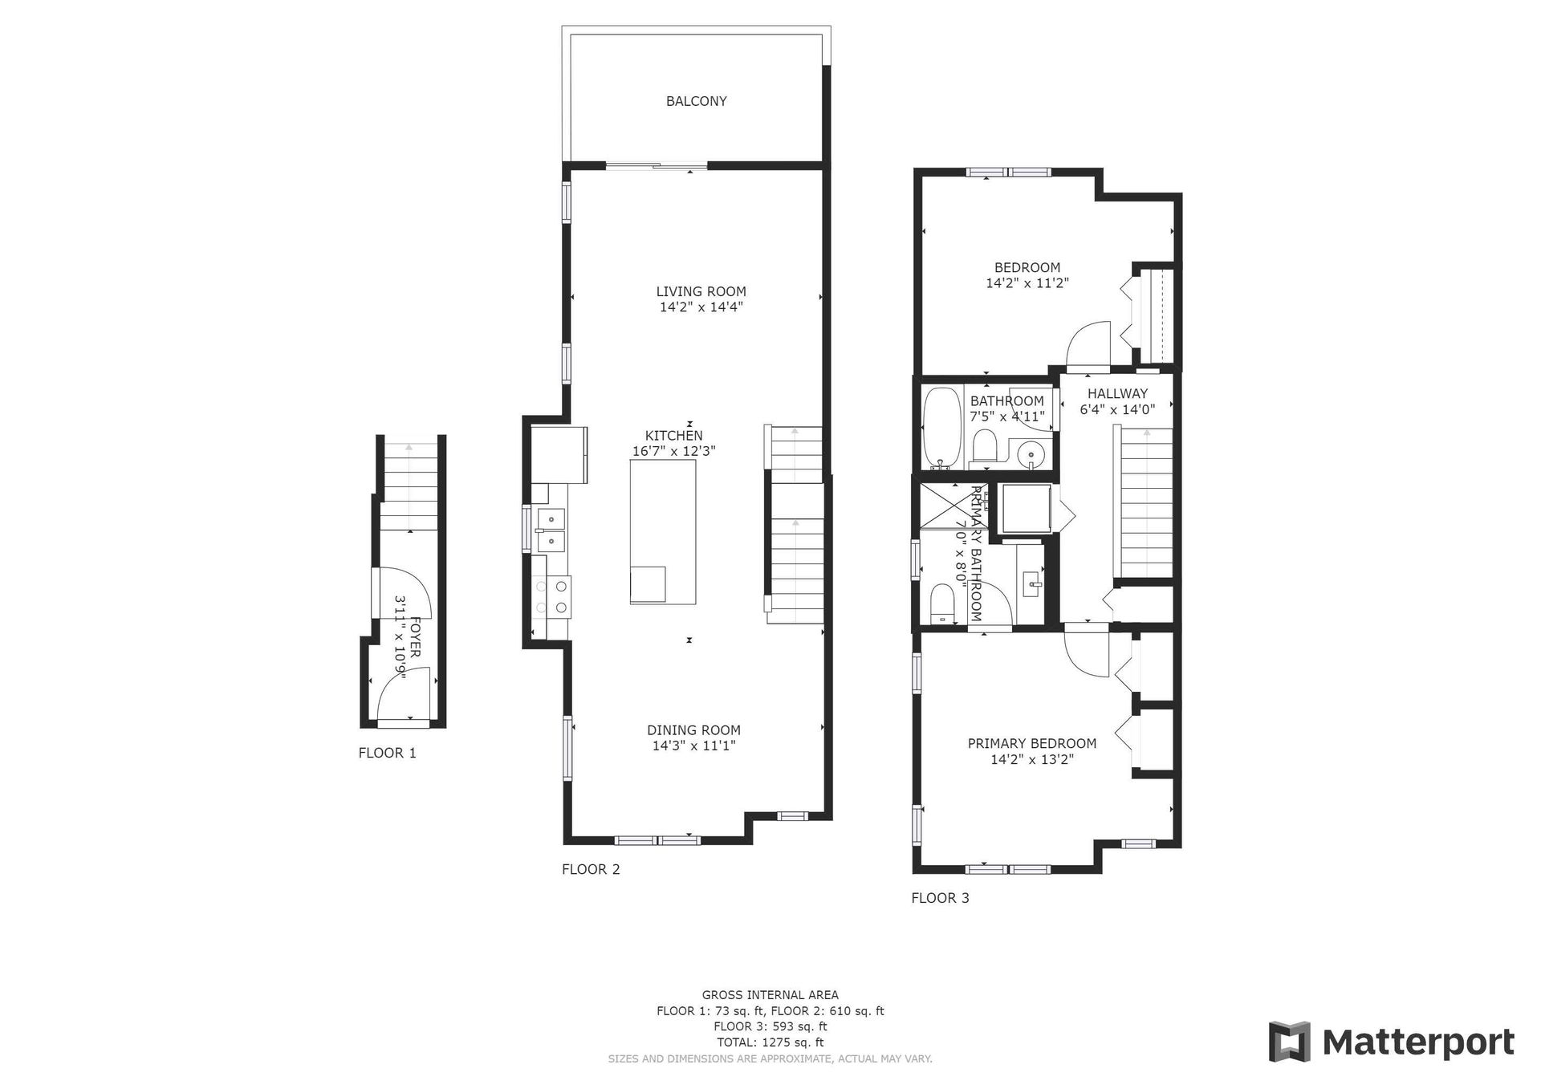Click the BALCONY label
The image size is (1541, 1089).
(696, 101)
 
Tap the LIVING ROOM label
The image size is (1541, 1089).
(701, 291)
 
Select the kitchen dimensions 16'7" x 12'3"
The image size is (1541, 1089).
(673, 451)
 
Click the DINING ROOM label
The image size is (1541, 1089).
(693, 730)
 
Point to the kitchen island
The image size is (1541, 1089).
(662, 532)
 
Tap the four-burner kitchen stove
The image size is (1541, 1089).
(551, 596)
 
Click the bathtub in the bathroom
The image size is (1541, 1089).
(941, 429)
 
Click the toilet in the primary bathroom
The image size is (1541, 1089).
(941, 603)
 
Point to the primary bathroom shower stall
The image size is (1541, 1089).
(955, 505)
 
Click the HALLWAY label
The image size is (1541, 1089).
(1117, 393)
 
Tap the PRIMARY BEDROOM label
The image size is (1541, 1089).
(1031, 743)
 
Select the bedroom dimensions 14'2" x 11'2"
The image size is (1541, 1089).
(1027, 282)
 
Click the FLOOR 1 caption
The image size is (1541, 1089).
(388, 753)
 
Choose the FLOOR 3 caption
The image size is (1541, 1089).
(940, 898)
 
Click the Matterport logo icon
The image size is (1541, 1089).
(1289, 1042)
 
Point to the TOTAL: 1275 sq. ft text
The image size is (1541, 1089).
(770, 1042)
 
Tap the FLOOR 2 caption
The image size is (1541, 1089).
(591, 869)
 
